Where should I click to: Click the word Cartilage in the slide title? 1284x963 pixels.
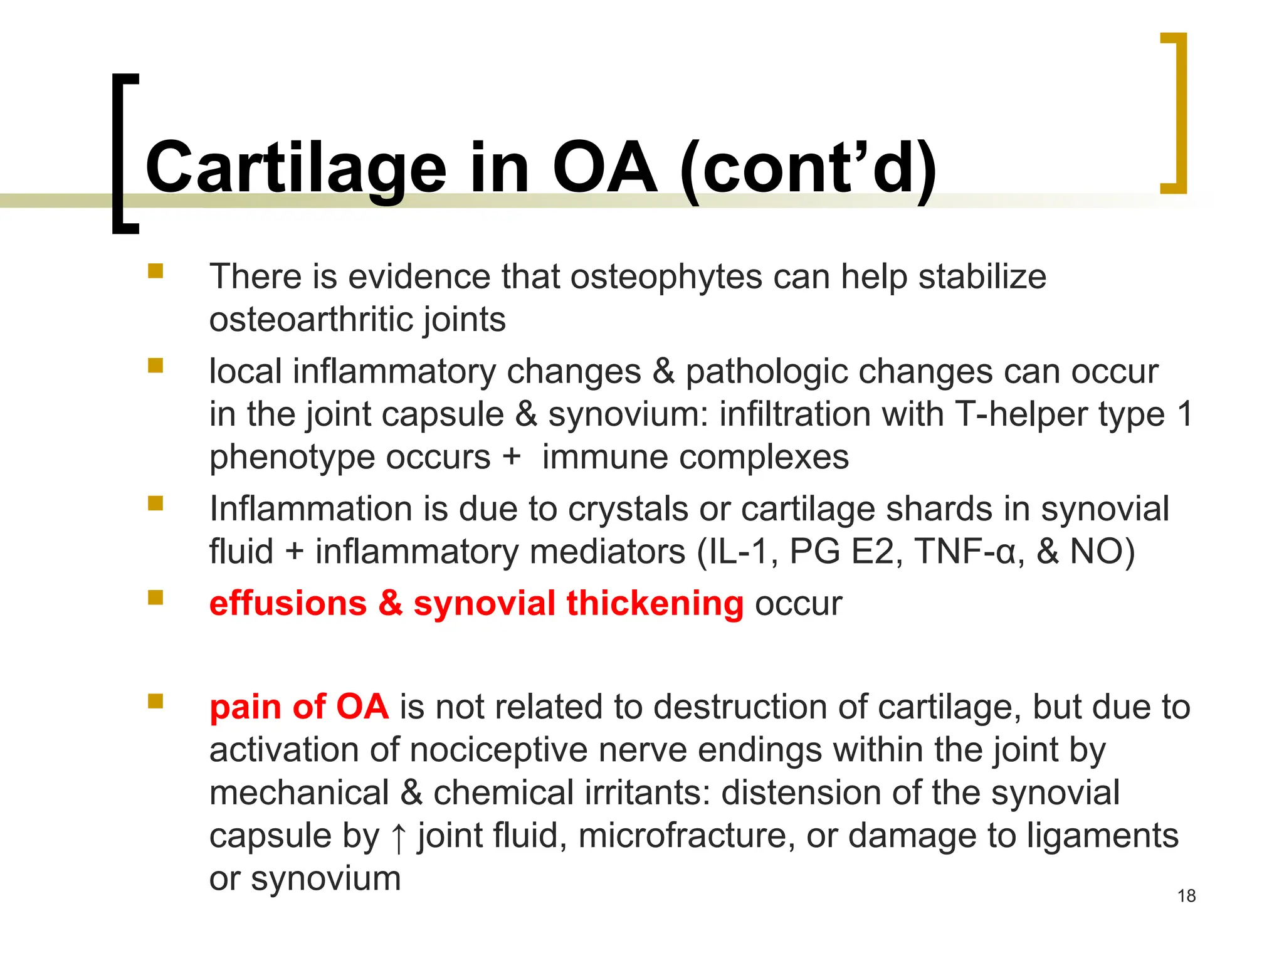coord(295,168)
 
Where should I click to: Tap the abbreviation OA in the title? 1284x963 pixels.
coord(604,168)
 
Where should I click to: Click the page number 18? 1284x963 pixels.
coord(1186,896)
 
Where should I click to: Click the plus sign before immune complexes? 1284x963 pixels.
coord(512,456)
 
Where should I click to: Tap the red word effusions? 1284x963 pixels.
coord(288,603)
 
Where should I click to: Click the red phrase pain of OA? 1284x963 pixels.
coord(299,707)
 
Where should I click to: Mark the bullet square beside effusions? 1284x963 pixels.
coord(155,597)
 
